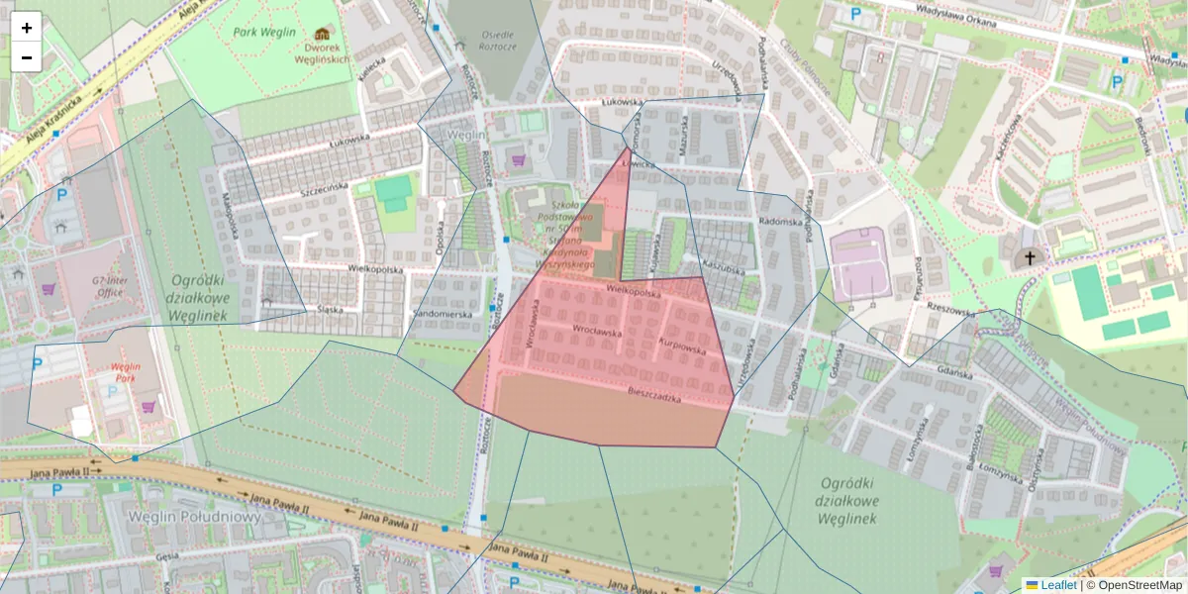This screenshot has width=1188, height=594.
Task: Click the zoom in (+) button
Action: click(x=26, y=28)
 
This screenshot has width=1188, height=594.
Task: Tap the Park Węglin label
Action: click(x=264, y=32)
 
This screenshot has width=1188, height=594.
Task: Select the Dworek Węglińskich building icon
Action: click(x=322, y=34)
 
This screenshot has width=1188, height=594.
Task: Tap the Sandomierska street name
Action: click(x=443, y=313)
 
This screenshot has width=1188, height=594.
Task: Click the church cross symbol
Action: click(x=1030, y=258)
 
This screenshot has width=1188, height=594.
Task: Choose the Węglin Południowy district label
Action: click(x=194, y=517)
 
